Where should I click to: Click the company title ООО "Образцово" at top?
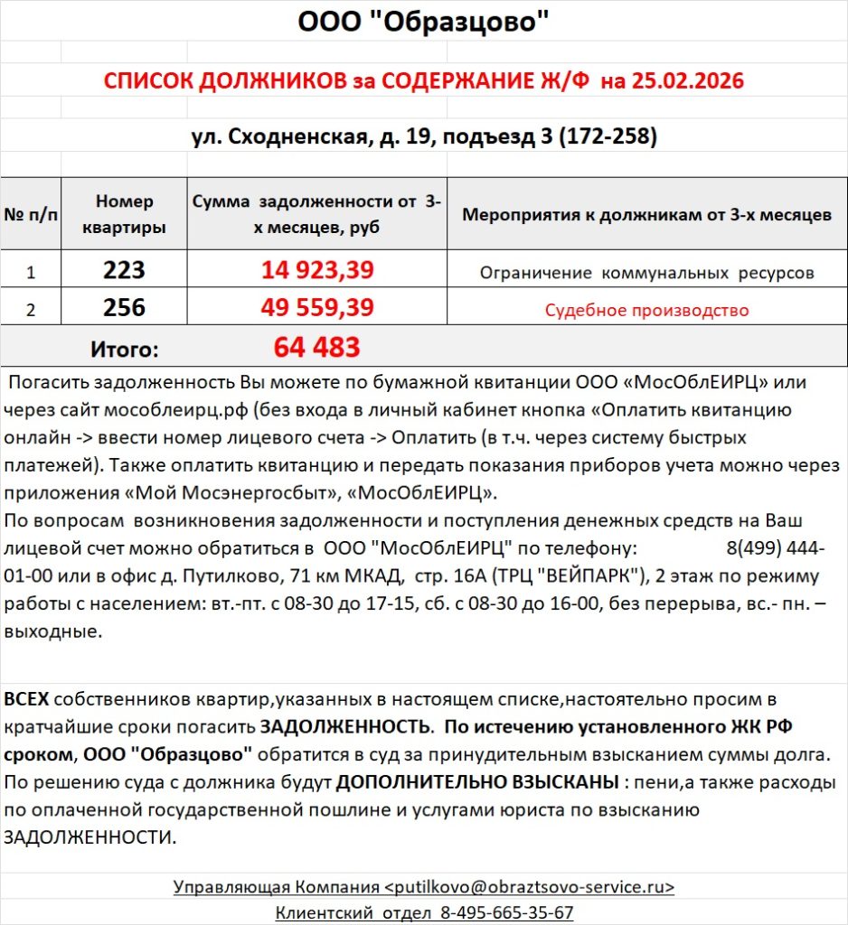tap(423, 21)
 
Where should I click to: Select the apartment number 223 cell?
tap(124, 270)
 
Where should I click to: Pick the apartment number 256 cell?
tap(124, 308)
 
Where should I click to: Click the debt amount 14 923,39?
tap(317, 270)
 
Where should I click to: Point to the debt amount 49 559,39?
tap(317, 308)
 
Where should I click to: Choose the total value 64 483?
tap(316, 347)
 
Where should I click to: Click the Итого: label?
tap(124, 349)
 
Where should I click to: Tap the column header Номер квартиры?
tap(124, 214)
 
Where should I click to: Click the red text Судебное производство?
tap(646, 311)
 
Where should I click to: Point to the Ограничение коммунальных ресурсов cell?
tap(646, 272)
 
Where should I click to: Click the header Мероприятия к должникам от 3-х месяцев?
tap(646, 215)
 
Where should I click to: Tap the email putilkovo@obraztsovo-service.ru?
tap(529, 886)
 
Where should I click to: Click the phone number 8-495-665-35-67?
tap(506, 912)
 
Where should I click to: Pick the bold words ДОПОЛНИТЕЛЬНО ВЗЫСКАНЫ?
tap(477, 781)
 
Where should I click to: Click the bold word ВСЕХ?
tap(27, 699)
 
